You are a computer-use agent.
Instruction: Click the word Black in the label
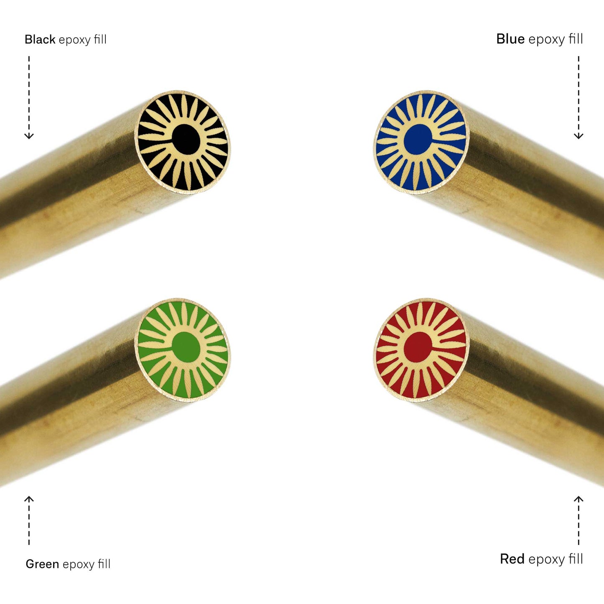(40, 39)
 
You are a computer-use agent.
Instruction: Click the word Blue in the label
(510, 39)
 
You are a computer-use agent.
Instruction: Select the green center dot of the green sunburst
(186, 347)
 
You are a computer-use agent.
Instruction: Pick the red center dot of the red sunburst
(418, 347)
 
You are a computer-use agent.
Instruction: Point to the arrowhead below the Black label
(29, 136)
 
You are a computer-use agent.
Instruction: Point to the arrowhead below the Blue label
(579, 136)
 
